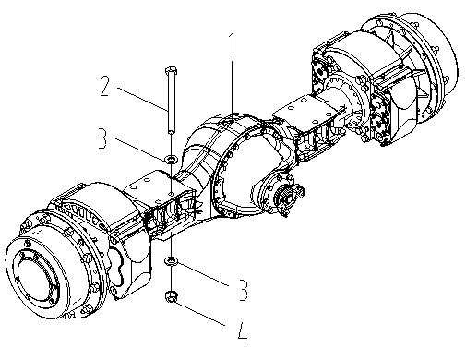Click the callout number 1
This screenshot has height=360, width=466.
click(x=233, y=42)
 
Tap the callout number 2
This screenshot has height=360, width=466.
click(x=105, y=86)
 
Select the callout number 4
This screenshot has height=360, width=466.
click(x=243, y=332)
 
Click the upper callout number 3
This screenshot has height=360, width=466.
click(x=103, y=138)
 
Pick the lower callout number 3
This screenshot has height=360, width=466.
click(x=243, y=290)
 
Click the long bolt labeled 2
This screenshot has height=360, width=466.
click(x=171, y=100)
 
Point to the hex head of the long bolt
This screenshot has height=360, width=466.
click(x=171, y=70)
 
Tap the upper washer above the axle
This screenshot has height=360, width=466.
click(x=172, y=160)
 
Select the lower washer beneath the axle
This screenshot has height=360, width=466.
click(x=172, y=261)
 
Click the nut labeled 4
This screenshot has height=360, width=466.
click(x=172, y=296)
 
